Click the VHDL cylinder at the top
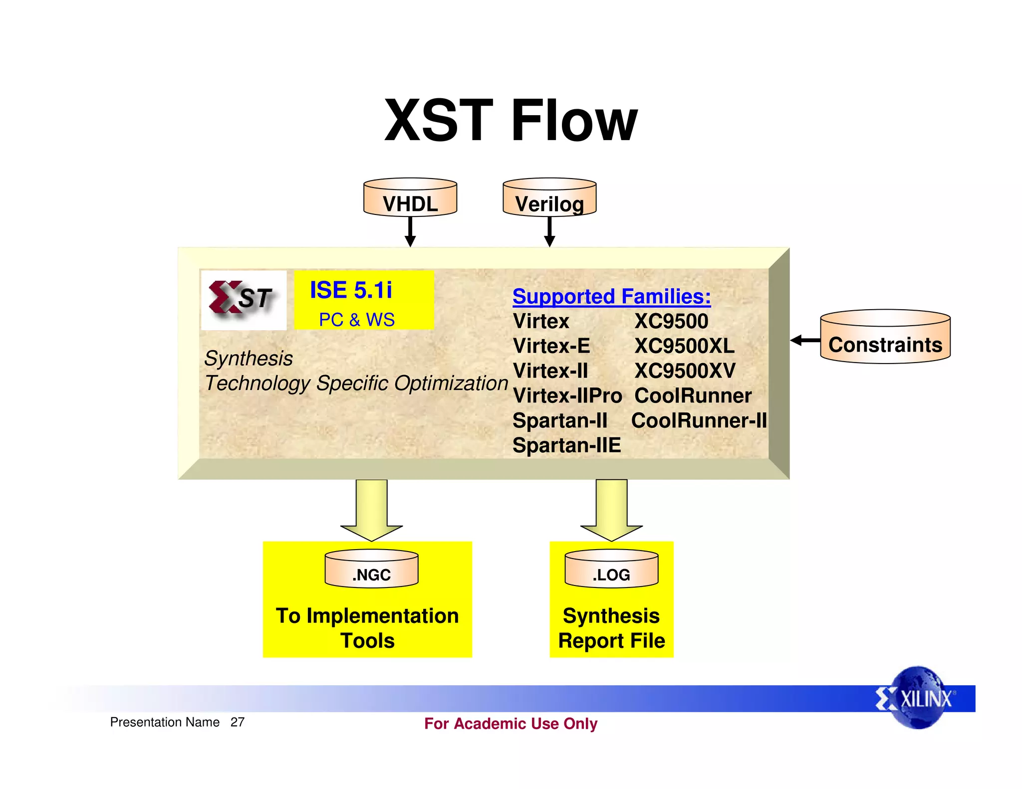point(410,198)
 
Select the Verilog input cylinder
point(549,198)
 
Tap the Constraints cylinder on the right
point(885,338)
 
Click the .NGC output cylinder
point(371,569)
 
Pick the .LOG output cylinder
point(611,569)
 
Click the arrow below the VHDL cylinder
point(410,232)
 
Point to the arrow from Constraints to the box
point(805,340)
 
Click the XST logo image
point(244,300)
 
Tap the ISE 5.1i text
point(351,290)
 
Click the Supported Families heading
point(611,297)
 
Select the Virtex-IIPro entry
point(567,396)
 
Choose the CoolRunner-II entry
point(699,421)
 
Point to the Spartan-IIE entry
point(566,445)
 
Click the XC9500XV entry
point(685,371)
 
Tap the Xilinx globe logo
point(917,698)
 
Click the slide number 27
point(238,722)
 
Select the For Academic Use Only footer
point(511,724)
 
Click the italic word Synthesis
point(249,359)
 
